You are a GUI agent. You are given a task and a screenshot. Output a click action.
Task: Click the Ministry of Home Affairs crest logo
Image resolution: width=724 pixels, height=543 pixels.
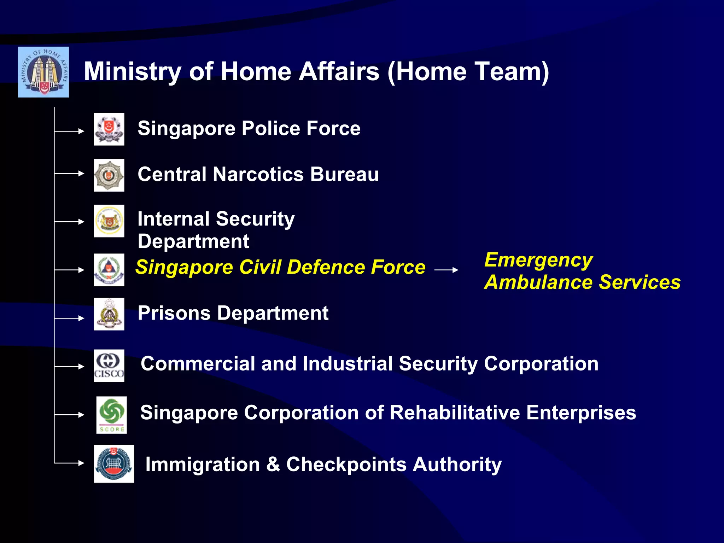click(43, 72)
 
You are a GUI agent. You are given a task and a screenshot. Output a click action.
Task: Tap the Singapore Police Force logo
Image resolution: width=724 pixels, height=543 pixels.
click(109, 129)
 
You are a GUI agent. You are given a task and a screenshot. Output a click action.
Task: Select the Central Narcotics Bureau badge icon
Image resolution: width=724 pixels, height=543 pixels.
click(109, 175)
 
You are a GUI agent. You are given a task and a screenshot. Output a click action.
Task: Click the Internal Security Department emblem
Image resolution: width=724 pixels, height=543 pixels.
click(109, 221)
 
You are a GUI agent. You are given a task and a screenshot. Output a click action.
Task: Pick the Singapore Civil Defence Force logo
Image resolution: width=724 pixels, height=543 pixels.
click(109, 270)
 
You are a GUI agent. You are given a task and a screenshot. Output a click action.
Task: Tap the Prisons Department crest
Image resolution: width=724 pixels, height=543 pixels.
click(109, 314)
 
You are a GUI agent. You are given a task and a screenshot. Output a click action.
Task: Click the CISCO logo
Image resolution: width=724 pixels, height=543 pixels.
click(109, 366)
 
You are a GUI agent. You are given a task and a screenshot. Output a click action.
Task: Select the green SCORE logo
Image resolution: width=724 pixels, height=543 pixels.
click(112, 415)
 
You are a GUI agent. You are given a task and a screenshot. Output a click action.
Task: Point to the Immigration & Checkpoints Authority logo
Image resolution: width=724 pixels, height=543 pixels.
click(114, 464)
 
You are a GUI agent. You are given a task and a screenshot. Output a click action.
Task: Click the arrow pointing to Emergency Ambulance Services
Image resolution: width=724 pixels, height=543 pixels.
click(446, 270)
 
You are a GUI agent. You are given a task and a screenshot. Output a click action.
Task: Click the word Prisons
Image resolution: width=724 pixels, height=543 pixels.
click(174, 313)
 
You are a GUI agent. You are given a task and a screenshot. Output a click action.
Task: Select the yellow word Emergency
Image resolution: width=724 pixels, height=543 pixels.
click(538, 261)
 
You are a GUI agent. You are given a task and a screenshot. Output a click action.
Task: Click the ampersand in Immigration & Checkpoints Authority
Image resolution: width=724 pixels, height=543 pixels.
click(273, 464)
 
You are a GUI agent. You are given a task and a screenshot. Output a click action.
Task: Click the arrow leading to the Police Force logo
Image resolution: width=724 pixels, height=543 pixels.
click(70, 131)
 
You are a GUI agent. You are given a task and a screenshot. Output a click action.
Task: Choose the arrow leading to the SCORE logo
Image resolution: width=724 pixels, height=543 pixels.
click(70, 415)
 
